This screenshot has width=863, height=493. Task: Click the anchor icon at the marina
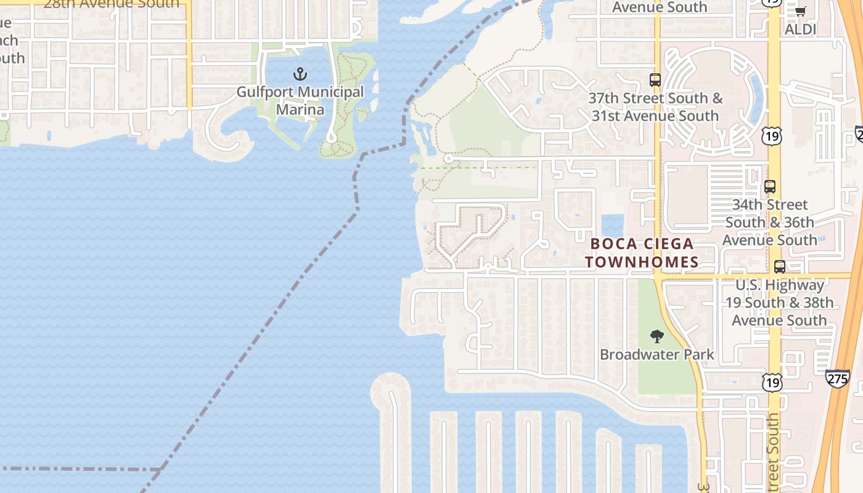click(300, 75)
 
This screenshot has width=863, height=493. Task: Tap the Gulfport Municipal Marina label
click(300, 101)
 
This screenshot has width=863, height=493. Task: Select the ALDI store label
click(800, 29)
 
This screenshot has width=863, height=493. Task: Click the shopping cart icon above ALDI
click(800, 11)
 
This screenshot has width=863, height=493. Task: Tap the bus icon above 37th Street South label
click(655, 80)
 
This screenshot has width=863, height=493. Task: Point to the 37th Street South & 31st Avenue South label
click(655, 107)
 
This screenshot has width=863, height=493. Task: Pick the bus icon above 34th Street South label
click(769, 186)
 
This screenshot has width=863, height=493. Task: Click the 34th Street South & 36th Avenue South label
click(769, 222)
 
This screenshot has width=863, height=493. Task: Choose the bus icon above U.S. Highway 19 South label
click(780, 267)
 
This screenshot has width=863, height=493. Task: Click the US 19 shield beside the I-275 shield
click(772, 382)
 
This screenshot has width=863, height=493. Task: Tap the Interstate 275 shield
click(838, 378)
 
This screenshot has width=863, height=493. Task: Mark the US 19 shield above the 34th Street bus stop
click(772, 136)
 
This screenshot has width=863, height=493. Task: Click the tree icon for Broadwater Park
click(657, 336)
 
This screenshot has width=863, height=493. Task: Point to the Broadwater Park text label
click(657, 354)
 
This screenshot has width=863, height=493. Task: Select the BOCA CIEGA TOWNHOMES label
click(642, 253)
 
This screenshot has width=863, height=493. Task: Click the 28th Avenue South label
click(111, 4)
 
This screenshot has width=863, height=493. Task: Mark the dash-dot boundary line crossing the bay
click(277, 308)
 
